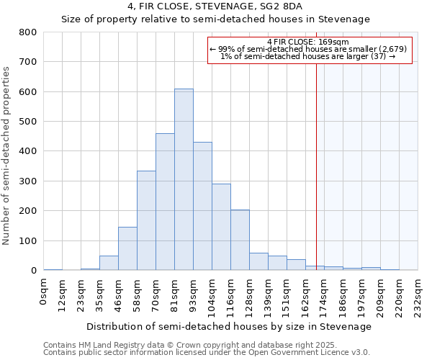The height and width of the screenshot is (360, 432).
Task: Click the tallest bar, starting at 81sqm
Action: tap(184, 179)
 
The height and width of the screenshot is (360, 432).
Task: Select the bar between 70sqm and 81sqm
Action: tap(165, 202)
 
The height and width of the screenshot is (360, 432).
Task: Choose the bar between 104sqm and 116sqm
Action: tap(221, 227)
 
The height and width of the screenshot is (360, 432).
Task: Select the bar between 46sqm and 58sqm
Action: tap(127, 248)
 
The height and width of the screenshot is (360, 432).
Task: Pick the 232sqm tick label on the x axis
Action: tap(418, 294)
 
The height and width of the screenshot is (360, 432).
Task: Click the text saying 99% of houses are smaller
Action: tap(310, 49)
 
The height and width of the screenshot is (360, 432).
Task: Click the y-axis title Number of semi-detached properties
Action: tap(7, 155)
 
